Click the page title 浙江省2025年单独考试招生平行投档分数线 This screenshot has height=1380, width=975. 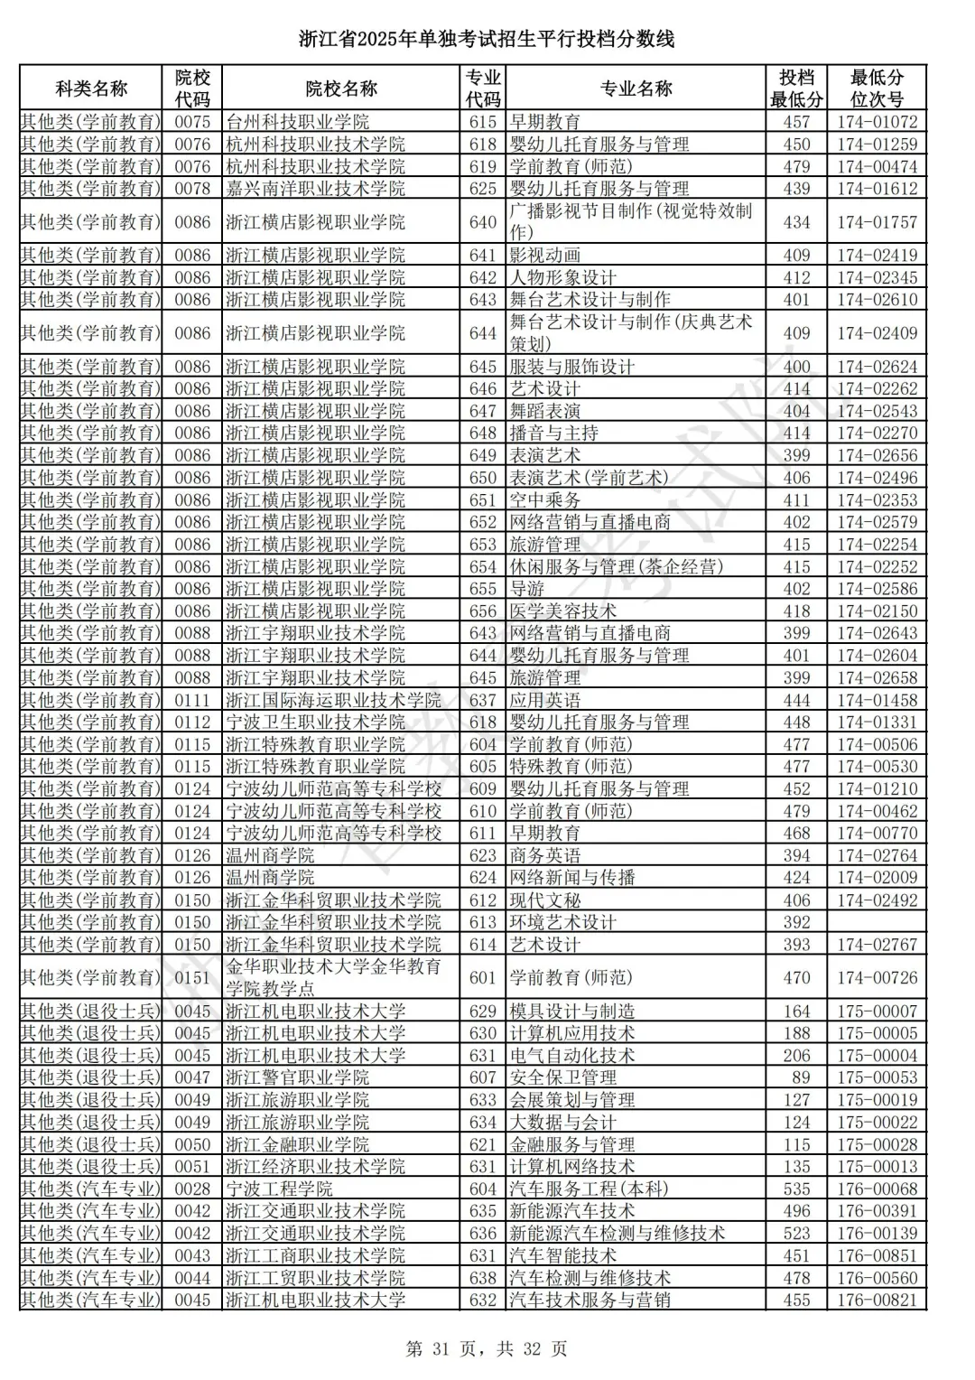(487, 39)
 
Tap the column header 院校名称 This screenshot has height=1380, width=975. (341, 89)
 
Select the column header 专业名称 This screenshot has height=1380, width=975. (636, 89)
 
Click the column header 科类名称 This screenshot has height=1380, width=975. (91, 89)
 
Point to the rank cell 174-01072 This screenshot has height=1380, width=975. (877, 122)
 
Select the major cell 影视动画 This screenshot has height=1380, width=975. (545, 256)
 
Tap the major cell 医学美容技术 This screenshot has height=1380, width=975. (563, 611)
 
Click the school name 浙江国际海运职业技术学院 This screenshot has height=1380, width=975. (333, 700)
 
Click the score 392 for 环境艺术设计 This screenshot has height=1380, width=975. (796, 922)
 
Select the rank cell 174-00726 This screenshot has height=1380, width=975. (877, 978)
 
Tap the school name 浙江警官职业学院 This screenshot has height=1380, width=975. (297, 1077)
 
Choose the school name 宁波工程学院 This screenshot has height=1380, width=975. (279, 1189)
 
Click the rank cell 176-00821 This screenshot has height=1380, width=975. (877, 1301)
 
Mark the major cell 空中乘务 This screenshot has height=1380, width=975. (545, 500)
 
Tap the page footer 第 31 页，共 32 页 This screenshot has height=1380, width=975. (487, 1349)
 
